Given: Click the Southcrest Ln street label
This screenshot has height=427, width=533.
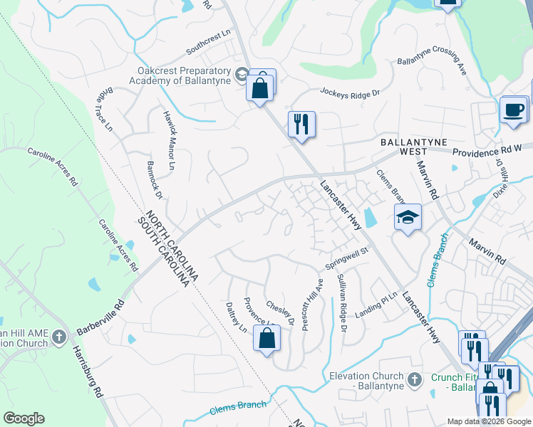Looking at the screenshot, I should pos(209,42).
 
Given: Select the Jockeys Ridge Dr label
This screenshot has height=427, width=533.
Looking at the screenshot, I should pos(350,93).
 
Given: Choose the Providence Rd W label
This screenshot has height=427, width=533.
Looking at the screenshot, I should pos(487,152).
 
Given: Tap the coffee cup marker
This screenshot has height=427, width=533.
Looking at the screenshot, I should pos(513,110).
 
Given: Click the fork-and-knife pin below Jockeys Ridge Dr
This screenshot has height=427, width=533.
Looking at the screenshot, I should pos(301,124).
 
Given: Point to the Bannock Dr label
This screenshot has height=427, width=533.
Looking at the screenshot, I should pos(155,182).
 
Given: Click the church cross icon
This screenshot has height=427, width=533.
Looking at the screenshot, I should pos(60,335).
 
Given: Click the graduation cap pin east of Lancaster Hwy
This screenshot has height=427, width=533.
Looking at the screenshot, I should pos(408,216).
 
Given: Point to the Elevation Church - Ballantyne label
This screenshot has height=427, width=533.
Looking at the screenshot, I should pos(363,381).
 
